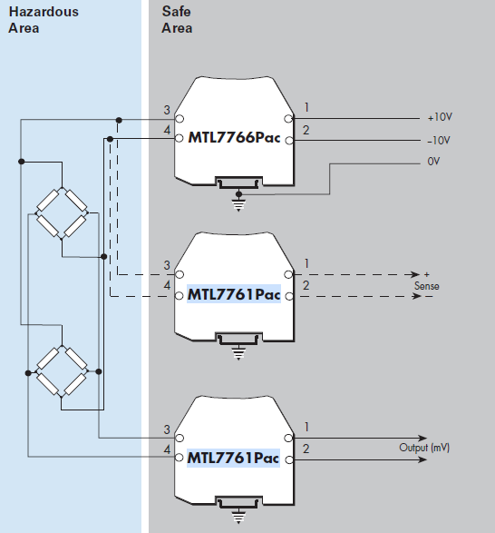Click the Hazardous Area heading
pyautogui.click(x=43, y=19)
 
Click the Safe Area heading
pyautogui.click(x=178, y=19)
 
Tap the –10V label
pyautogui.click(x=440, y=141)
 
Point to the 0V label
pyautogui.click(x=432, y=163)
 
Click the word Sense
pyautogui.click(x=427, y=286)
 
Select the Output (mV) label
pyautogui.click(x=425, y=448)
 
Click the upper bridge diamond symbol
pyautogui.click(x=60, y=212)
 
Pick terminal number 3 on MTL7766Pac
pyautogui.click(x=167, y=111)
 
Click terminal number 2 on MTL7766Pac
pyautogui.click(x=306, y=132)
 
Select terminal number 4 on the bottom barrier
pyautogui.click(x=167, y=449)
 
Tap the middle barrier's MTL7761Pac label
pyautogui.click(x=234, y=294)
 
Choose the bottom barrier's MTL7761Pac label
pyautogui.click(x=234, y=457)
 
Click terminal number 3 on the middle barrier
pyautogui.click(x=167, y=265)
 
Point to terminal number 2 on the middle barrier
pyautogui.click(x=306, y=286)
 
